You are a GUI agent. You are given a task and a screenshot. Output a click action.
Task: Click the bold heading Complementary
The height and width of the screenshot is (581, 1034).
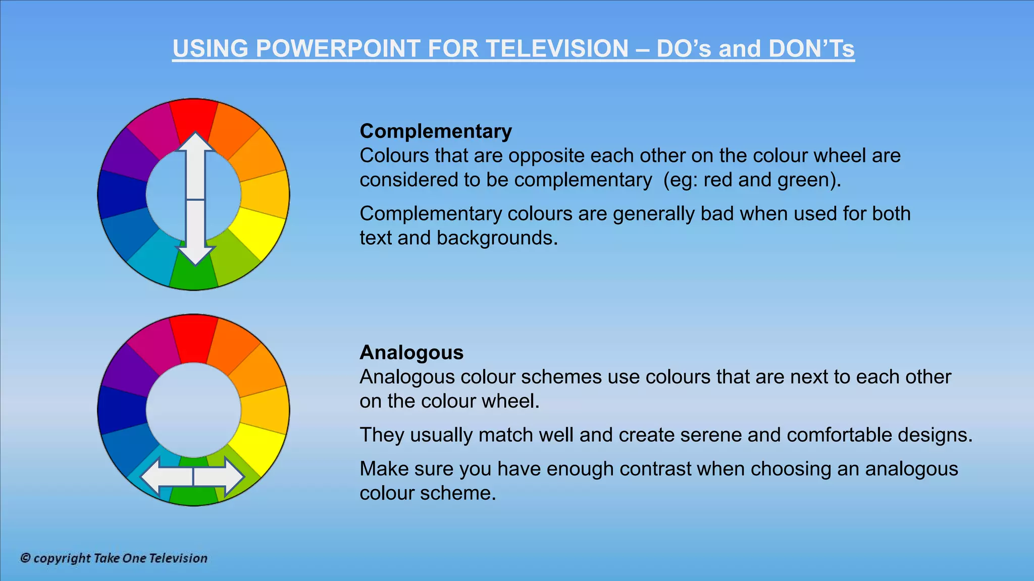pyautogui.click(x=435, y=131)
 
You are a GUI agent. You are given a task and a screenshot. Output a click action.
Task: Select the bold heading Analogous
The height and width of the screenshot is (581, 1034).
pyautogui.click(x=411, y=353)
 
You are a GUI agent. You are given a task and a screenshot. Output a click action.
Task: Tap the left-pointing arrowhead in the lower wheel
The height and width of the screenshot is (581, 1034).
pyautogui.click(x=152, y=477)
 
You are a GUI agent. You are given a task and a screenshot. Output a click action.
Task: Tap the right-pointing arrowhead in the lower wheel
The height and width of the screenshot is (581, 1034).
pyautogui.click(x=234, y=477)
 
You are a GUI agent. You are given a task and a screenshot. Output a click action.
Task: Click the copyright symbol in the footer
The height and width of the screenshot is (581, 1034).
pyautogui.click(x=25, y=558)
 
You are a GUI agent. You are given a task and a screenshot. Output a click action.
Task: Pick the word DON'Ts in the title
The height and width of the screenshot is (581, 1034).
pyautogui.click(x=811, y=49)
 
